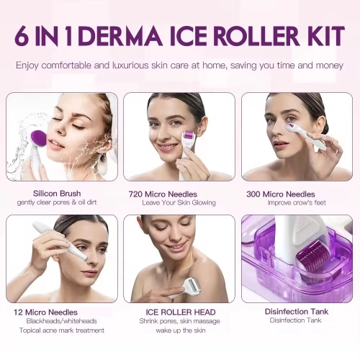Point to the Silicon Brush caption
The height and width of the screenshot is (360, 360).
pos(57,194)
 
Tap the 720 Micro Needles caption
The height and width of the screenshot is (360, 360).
pos(179,194)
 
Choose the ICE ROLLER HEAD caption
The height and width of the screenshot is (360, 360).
pos(179,312)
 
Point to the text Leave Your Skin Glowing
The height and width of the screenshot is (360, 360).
pos(179,203)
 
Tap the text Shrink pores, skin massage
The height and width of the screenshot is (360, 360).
pos(179,321)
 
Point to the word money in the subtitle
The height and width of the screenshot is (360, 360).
pos(328,65)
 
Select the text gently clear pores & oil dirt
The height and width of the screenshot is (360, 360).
pos(57,202)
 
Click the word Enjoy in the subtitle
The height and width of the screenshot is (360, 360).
pos(30,65)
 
